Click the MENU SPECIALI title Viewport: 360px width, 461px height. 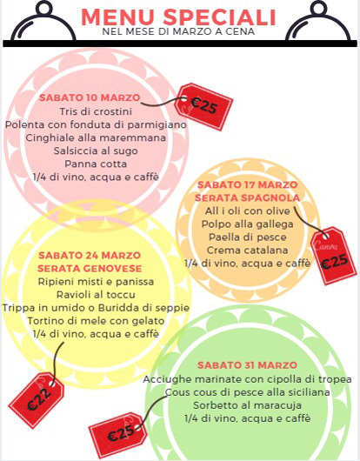click(178, 17)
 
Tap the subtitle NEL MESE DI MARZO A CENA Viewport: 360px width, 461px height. click(178, 31)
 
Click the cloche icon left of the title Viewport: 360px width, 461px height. click(43, 21)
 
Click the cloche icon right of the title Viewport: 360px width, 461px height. click(318, 21)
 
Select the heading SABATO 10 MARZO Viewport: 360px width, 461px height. click(90, 97)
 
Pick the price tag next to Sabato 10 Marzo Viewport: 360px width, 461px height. click(203, 106)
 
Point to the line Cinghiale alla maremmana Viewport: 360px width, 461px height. click(96, 137)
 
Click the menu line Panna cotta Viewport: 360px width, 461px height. click(96, 164)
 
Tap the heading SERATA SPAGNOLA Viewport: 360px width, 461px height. click(247, 197)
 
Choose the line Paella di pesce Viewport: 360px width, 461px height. click(248, 237)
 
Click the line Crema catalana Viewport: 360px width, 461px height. click(248, 251)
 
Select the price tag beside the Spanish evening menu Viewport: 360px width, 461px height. click(334, 256)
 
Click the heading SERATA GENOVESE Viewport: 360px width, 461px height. click(90, 268)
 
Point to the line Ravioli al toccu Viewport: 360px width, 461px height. click(96, 295)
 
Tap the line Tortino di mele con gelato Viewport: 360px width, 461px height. click(96, 321)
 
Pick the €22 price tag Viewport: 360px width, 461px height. click(37, 400)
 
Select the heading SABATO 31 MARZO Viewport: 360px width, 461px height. click(247, 365)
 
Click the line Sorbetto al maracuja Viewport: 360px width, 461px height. click(247, 405)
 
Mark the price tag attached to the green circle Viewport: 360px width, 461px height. click(118, 435)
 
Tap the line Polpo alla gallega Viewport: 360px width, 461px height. click(248, 224)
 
